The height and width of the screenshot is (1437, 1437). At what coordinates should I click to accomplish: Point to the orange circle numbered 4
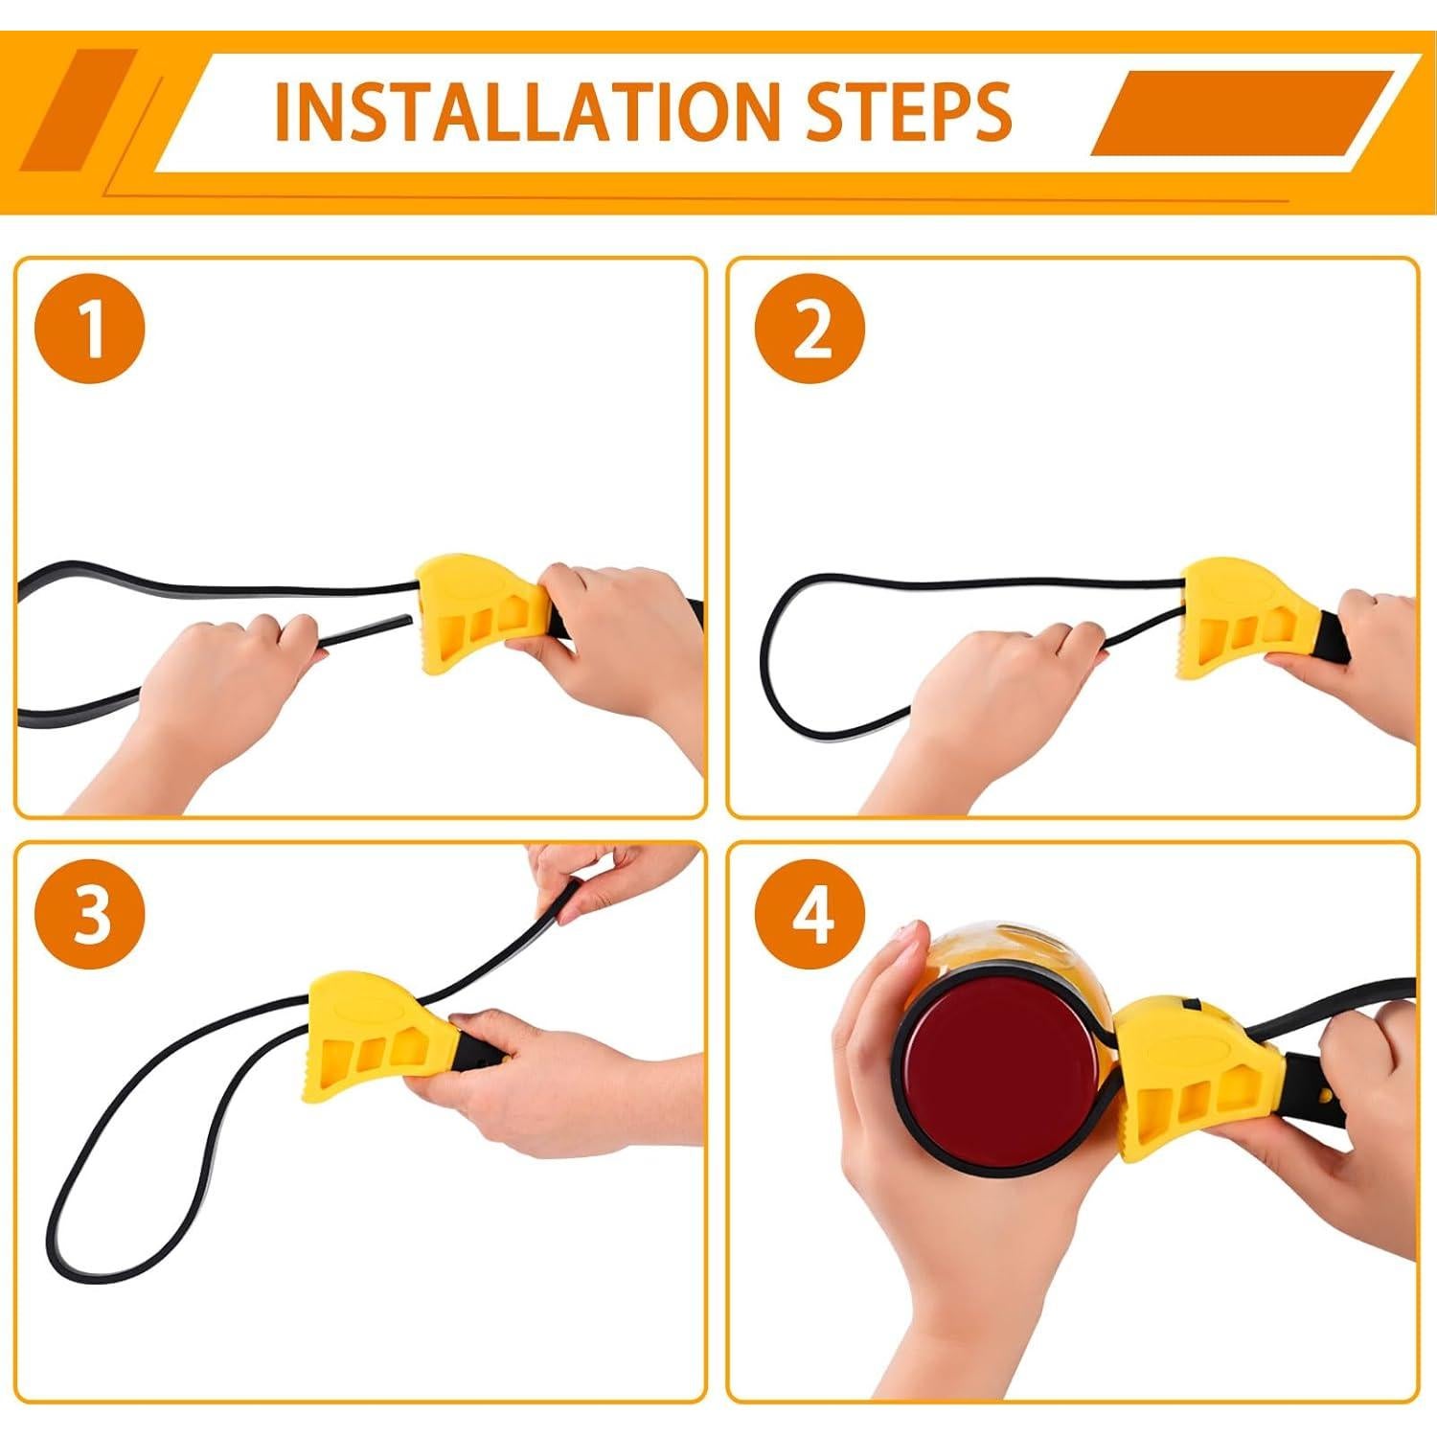[810, 913]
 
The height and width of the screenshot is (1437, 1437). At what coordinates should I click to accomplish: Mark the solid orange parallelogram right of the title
[1243, 113]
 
